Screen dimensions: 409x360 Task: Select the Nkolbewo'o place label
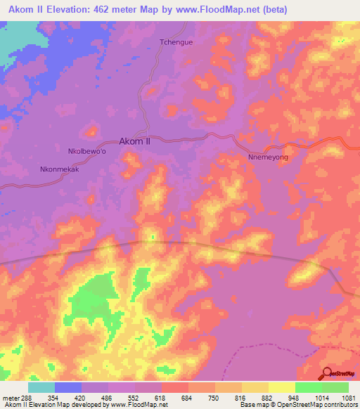[x=87, y=151]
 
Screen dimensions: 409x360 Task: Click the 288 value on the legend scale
[x=27, y=398]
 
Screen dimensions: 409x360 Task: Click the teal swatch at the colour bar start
[x=41, y=387]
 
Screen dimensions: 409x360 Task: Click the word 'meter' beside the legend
[x=9, y=398]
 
